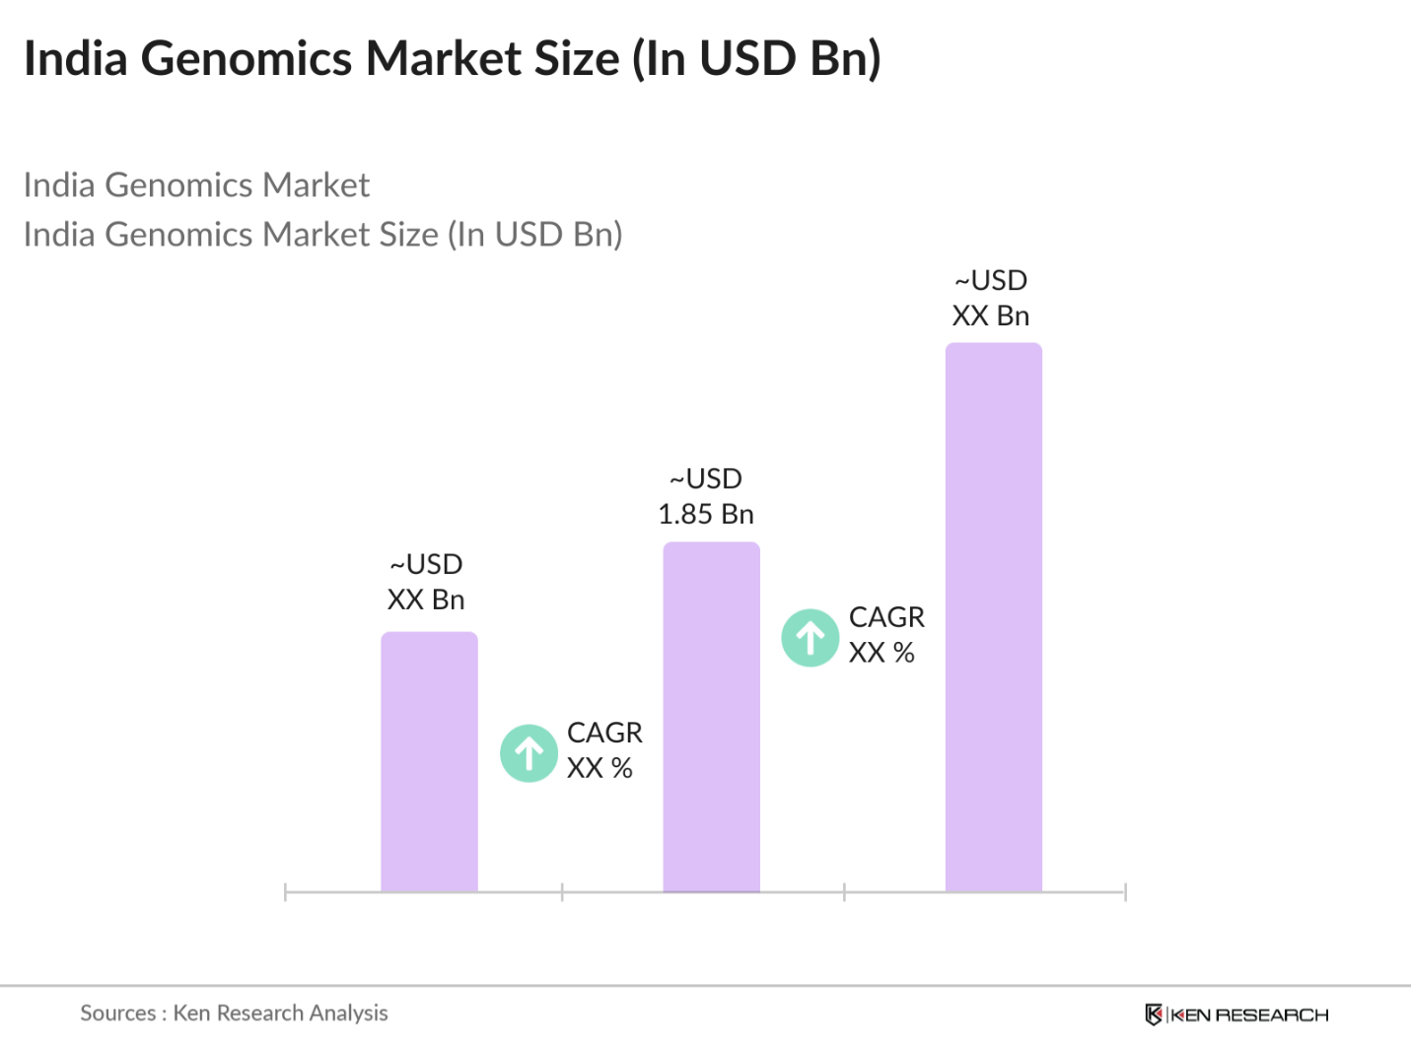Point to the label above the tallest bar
point(991,299)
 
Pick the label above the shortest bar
point(426,582)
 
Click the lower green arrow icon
point(529,753)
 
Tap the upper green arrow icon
point(811,638)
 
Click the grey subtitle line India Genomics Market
point(196,185)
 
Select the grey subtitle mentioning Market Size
point(322,235)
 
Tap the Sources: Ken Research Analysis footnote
point(234,1013)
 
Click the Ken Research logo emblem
point(1153,1015)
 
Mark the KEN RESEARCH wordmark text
point(1249,1015)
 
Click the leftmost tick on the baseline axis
point(285,892)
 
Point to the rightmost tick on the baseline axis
point(1125,892)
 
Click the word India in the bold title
point(76,59)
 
